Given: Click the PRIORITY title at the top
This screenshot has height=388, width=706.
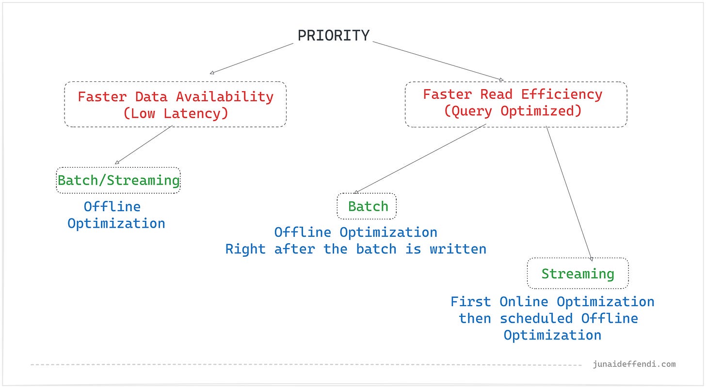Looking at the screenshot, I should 333,35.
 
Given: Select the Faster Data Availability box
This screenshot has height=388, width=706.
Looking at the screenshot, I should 175,104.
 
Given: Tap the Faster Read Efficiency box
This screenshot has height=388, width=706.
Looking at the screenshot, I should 515,104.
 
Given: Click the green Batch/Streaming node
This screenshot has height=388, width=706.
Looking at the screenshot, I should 118,180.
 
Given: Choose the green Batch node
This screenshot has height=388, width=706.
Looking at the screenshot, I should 367,206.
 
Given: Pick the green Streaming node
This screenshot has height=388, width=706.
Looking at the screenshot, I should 578,274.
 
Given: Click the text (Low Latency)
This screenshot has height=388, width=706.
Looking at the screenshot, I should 175,113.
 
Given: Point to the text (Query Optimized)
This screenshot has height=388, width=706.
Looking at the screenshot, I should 513,111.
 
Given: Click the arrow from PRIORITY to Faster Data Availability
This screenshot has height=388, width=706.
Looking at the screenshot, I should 252,59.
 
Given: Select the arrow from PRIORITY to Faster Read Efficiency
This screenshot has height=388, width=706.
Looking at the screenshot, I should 436,61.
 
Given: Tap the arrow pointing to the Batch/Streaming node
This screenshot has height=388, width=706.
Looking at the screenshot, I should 144,145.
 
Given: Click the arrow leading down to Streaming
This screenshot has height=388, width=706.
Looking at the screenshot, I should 569,194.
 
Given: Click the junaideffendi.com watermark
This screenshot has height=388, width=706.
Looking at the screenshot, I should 634,364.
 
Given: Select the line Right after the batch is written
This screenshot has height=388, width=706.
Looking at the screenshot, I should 355,249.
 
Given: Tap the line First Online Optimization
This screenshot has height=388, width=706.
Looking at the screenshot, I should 552,301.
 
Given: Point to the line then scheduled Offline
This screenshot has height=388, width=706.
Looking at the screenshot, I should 548,318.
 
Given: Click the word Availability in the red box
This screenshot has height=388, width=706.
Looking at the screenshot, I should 225,96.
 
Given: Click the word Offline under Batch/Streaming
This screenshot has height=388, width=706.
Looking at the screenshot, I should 112,206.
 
